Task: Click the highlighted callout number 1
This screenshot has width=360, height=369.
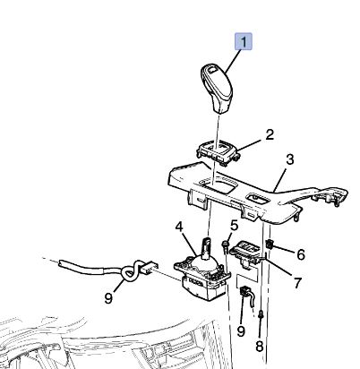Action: (244, 42)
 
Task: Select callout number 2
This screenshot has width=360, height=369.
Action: (270, 135)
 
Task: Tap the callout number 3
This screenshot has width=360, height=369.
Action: (290, 159)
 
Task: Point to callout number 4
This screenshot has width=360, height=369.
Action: (179, 227)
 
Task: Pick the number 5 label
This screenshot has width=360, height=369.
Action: (235, 226)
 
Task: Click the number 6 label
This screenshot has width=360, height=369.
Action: (301, 254)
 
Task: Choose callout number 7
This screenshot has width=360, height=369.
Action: (297, 283)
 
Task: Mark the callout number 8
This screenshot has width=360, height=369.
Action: (260, 346)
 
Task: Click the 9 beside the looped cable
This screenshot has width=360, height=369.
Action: (108, 297)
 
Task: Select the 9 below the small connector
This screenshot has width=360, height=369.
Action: (241, 330)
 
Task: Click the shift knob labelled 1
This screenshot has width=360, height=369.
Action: (217, 88)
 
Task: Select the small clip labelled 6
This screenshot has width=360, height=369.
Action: (270, 245)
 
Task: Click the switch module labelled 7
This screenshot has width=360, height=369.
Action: (247, 252)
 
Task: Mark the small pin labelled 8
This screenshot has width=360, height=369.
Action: (261, 314)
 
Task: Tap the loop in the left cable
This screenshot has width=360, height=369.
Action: (131, 270)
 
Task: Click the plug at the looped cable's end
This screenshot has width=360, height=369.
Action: (150, 268)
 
